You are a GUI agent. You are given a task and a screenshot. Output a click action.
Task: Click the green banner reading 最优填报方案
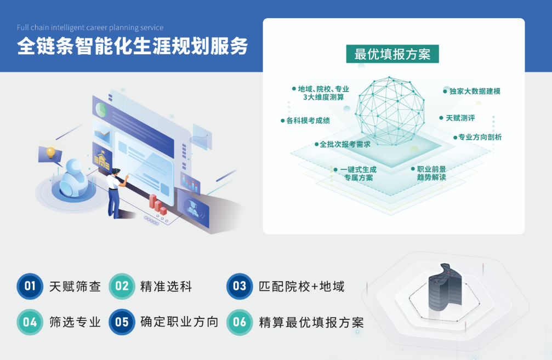(x=392, y=54)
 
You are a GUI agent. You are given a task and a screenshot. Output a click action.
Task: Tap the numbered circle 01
(x=30, y=286)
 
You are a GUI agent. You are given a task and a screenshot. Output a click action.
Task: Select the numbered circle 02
(x=122, y=286)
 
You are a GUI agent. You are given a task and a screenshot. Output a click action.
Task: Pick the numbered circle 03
(x=240, y=286)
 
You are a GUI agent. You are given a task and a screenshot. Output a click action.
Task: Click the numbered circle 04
(x=30, y=322)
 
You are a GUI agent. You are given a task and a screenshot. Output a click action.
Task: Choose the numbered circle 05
(x=122, y=322)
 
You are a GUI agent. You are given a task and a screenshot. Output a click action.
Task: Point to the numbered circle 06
(x=240, y=322)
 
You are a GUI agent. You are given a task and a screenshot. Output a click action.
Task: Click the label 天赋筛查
(x=75, y=287)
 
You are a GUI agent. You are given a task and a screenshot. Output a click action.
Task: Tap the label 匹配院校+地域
(x=301, y=287)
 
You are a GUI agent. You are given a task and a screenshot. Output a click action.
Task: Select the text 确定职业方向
(x=179, y=322)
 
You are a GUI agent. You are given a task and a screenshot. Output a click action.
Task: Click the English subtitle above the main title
(x=90, y=27)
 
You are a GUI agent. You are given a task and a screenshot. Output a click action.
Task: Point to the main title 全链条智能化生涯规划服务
(x=132, y=46)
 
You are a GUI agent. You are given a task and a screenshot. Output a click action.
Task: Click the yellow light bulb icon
(x=50, y=152)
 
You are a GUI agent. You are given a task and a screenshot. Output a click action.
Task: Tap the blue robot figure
(x=73, y=178)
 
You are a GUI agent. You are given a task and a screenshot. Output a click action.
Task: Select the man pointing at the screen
(x=116, y=193)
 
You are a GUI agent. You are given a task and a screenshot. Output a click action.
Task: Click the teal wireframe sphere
(x=390, y=111)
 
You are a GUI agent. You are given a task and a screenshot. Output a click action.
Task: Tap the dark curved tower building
(x=445, y=288)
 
